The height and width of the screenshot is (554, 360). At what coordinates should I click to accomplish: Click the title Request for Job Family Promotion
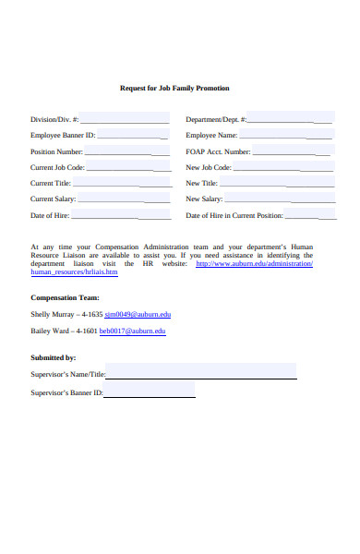tap(174, 88)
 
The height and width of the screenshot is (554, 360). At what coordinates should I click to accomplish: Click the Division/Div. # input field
tap(125, 118)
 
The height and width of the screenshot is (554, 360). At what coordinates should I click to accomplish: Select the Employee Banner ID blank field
tap(133, 135)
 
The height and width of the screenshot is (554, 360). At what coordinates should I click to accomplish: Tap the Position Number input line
tap(127, 151)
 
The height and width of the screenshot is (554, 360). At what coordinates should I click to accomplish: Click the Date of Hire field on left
tap(121, 215)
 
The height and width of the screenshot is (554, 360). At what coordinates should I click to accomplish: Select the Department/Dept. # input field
tap(289, 118)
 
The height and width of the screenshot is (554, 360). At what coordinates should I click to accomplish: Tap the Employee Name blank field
tap(282, 135)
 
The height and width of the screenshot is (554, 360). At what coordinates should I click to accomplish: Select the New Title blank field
tap(276, 183)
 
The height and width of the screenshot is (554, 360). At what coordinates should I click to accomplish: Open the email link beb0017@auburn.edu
tap(133, 331)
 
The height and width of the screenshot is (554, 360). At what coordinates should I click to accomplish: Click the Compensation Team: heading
tap(65, 298)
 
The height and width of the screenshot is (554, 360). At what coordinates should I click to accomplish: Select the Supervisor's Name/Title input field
tap(201, 373)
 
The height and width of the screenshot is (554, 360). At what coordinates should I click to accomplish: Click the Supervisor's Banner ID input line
tap(149, 391)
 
